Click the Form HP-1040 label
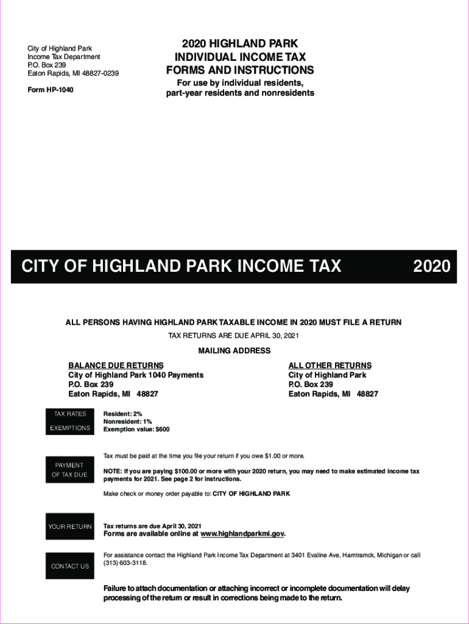pos(51,90)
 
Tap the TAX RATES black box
pos(70,414)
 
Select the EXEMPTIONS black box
pos(70,428)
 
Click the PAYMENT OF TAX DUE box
pos(70,470)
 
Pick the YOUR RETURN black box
pos(70,526)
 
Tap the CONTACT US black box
pos(70,566)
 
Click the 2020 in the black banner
pos(432,266)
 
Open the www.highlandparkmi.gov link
pos(242,534)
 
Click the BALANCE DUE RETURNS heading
pos(116,365)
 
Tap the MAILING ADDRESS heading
pos(234,350)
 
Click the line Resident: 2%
pos(122,414)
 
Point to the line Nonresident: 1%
pos(127,421)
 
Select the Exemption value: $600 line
pos(136,429)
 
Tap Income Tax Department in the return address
pos(64,57)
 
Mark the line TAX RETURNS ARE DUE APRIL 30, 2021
pos(233,336)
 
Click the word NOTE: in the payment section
pos(113,471)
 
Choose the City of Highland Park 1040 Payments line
pos(136,375)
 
